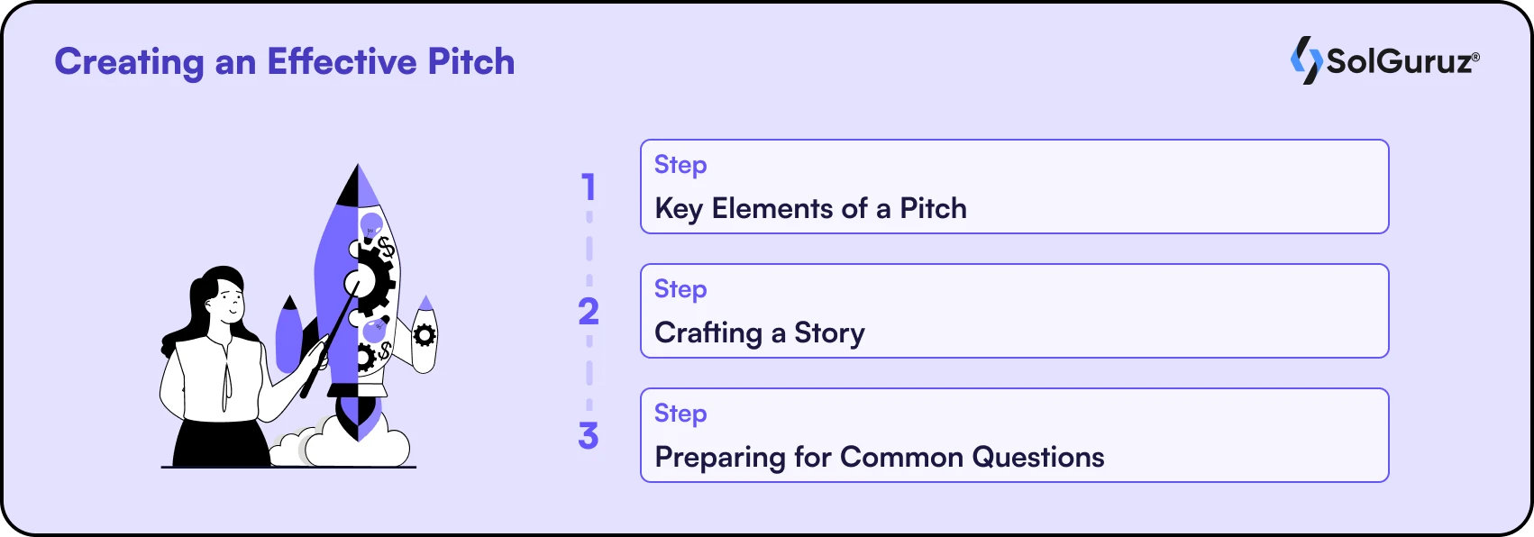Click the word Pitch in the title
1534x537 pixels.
470,62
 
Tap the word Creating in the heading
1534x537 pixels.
130,62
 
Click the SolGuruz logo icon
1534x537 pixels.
1305,60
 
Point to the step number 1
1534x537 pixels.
589,187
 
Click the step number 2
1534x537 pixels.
589,312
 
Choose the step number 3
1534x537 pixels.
589,436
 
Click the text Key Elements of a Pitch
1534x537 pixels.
810,209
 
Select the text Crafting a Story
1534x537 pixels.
759,333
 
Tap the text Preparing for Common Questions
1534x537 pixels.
879,458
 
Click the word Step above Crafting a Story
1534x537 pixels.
680,289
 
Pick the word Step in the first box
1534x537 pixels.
680,165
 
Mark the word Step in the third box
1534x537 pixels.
680,414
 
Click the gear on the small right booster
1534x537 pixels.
425,336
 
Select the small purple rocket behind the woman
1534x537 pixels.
288,333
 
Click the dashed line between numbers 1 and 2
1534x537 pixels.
589,248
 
